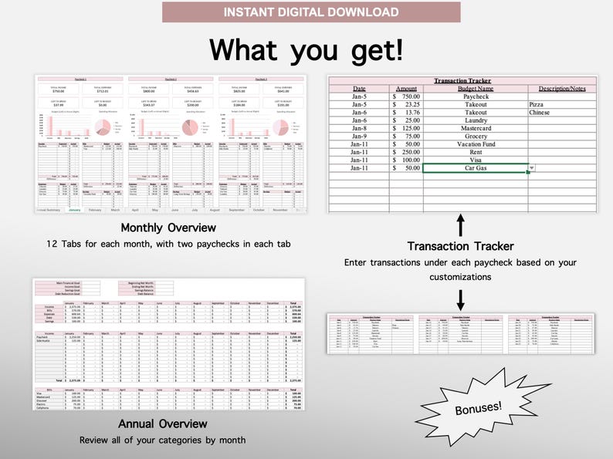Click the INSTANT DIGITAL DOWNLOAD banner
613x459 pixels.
(311, 12)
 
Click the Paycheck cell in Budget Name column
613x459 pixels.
(475, 96)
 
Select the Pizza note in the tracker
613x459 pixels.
(540, 104)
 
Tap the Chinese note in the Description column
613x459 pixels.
(540, 113)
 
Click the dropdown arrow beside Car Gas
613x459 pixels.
(531, 167)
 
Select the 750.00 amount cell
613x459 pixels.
(407, 96)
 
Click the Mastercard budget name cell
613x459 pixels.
(475, 128)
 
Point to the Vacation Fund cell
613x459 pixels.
(475, 144)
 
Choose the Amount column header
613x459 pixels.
(406, 88)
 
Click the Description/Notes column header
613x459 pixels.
(562, 88)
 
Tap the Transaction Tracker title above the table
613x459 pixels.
(462, 80)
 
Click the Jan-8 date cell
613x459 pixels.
(359, 128)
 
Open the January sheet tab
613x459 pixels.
(75, 210)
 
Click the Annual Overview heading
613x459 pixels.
(162, 424)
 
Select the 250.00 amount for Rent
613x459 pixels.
(407, 152)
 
